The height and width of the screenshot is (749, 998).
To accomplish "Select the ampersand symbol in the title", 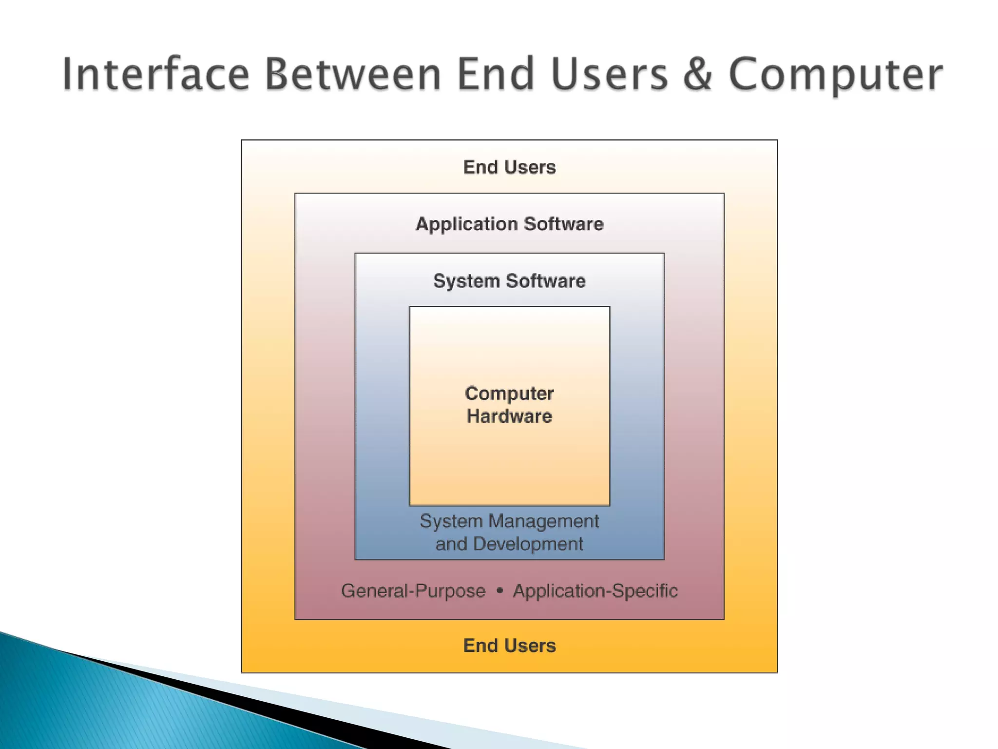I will click(x=698, y=74).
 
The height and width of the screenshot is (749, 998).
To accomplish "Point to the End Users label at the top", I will click(x=509, y=167).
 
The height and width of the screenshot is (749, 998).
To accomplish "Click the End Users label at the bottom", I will click(x=509, y=646).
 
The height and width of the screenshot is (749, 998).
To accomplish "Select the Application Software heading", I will click(x=509, y=224).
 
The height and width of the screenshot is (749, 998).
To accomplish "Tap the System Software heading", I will click(x=509, y=281).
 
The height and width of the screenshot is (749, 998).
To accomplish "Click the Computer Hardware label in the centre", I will click(x=509, y=405).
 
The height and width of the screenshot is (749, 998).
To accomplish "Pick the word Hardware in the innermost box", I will click(x=509, y=416).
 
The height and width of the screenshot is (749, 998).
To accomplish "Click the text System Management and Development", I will click(x=509, y=532).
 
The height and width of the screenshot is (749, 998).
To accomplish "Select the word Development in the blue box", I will click(x=528, y=544).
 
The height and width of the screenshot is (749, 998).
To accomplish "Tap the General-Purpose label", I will click(x=413, y=591).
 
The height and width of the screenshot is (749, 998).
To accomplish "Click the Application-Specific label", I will click(x=595, y=591).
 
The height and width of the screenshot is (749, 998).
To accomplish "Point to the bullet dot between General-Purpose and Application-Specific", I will click(x=499, y=591).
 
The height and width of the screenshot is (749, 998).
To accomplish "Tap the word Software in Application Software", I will click(x=564, y=224).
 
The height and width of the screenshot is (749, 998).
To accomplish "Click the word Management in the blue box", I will click(x=544, y=521).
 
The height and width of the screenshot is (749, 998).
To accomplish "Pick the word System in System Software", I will click(x=466, y=281).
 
